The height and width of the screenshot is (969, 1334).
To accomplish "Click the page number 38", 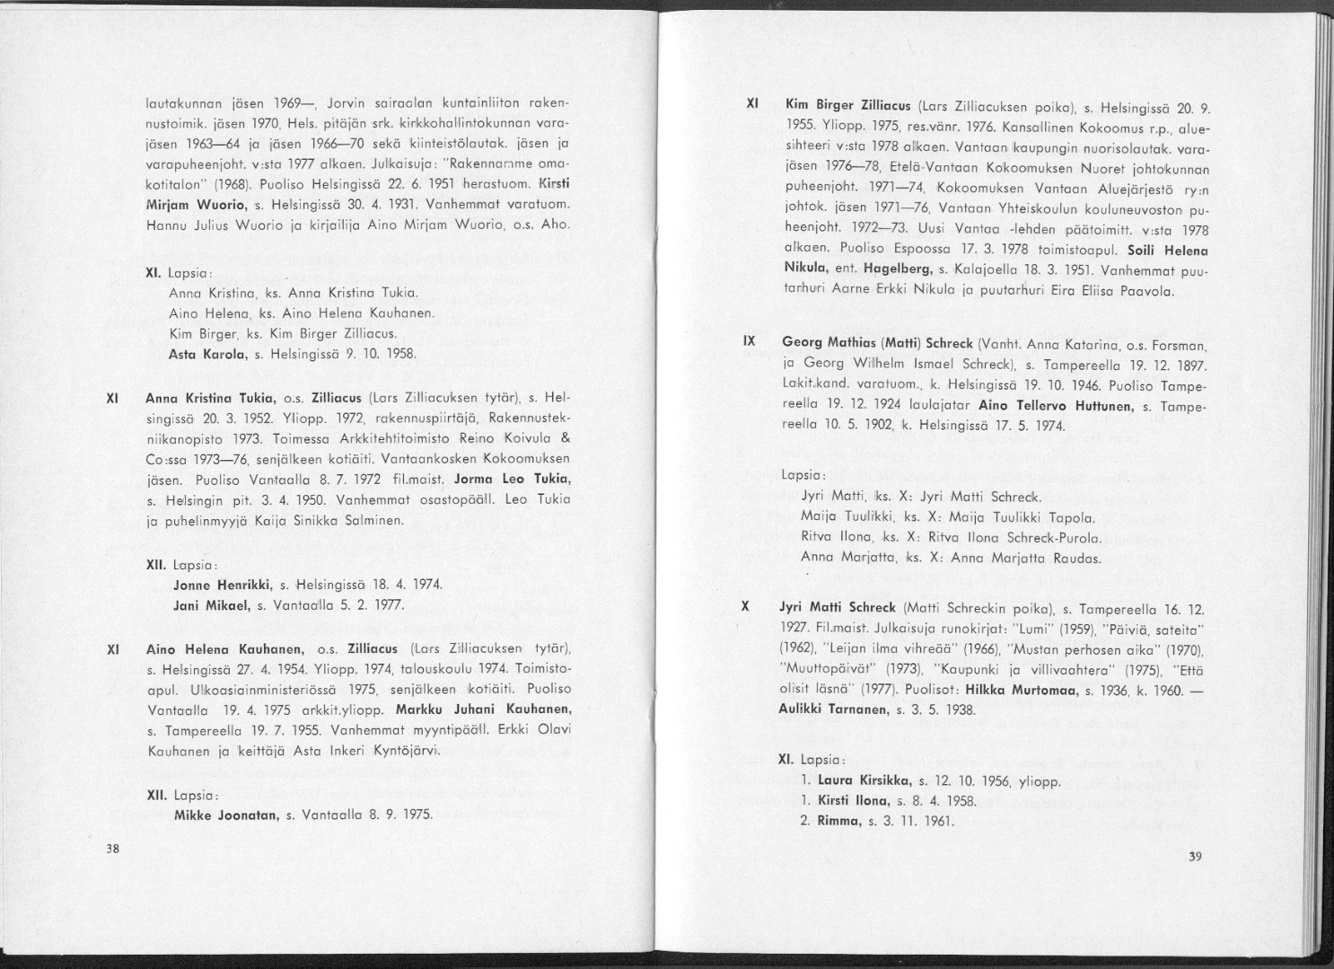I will coord(113,850).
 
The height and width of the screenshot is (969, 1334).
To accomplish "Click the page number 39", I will coord(1194,856).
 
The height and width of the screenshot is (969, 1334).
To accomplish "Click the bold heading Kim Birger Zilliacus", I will coord(842,105).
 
